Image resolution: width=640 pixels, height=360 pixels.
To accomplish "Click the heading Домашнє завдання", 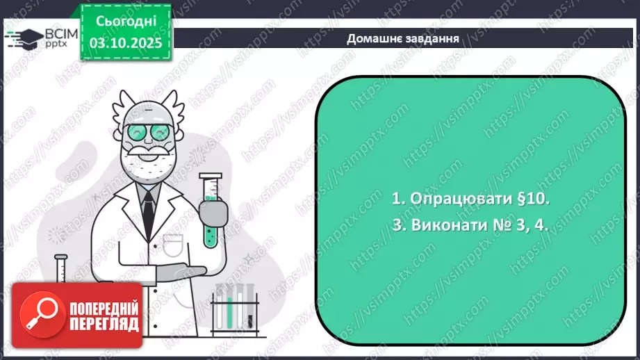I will [403, 38].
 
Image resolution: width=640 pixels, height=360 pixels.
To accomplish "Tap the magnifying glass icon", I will [38, 315].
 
